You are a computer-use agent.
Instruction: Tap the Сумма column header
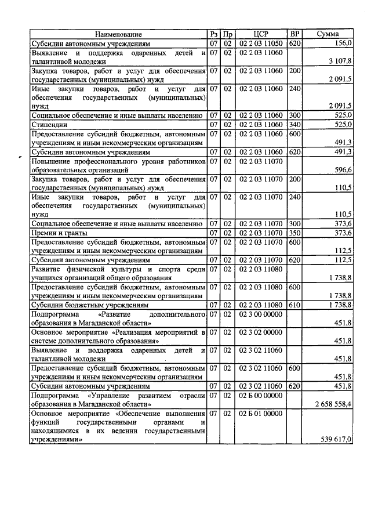click(x=328, y=35)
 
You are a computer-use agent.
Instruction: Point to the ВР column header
click(x=294, y=35)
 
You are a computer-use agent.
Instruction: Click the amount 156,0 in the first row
click(x=340, y=44)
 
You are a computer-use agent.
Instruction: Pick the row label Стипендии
click(x=49, y=125)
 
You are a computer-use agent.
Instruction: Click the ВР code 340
click(x=294, y=125)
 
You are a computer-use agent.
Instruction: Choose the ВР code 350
click(x=294, y=233)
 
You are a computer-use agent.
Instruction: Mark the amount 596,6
click(x=341, y=170)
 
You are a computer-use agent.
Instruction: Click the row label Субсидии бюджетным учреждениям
click(x=82, y=305)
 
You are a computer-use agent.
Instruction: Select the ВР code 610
click(x=294, y=305)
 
